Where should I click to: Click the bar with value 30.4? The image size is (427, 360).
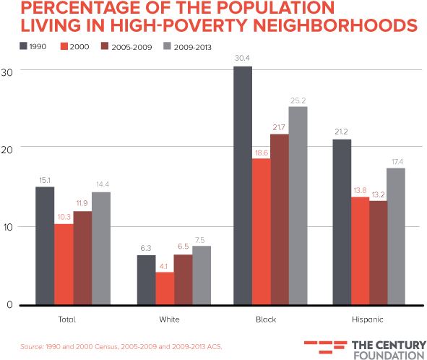[242, 185]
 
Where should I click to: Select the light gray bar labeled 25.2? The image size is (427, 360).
[298, 205]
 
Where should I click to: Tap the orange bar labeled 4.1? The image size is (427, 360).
[165, 288]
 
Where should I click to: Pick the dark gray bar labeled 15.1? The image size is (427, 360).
[45, 245]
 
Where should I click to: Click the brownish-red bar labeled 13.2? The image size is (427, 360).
[379, 252]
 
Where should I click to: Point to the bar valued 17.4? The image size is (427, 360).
[397, 236]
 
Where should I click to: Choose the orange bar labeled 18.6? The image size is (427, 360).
[261, 231]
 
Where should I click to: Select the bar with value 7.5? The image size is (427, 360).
[202, 275]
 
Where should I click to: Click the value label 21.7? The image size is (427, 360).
[279, 128]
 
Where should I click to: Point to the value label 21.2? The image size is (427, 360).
[341, 132]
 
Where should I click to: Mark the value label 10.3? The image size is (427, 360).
[64, 217]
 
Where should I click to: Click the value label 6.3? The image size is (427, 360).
[145, 249]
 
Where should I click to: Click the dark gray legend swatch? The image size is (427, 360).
[24, 46]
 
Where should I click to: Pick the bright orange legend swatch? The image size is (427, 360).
[64, 46]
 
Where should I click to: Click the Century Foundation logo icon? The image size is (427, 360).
[325, 346]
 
